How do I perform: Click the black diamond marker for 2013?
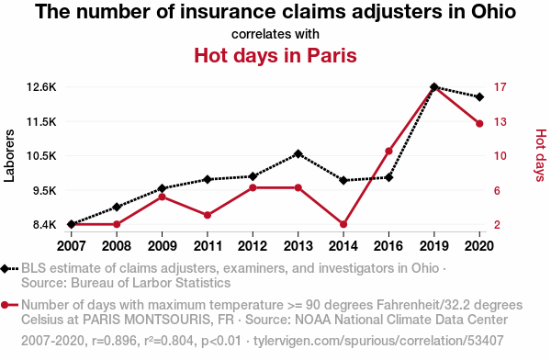298,153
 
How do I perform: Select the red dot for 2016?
388,152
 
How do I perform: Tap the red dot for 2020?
479,123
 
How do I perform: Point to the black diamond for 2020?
479,96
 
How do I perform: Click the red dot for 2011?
208,215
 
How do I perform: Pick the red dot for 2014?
343,224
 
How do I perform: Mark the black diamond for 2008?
117,207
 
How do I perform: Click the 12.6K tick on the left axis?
41,87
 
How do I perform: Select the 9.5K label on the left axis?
45,190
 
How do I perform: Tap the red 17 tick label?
500,87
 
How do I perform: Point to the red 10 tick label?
500,156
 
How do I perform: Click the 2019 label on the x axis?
434,246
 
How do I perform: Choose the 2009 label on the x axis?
162,246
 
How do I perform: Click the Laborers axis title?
9,156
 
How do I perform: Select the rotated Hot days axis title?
541,155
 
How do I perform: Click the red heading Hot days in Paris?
275,55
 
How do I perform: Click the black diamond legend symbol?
5,269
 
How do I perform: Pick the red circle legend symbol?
5,305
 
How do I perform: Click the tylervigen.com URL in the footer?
378,341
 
